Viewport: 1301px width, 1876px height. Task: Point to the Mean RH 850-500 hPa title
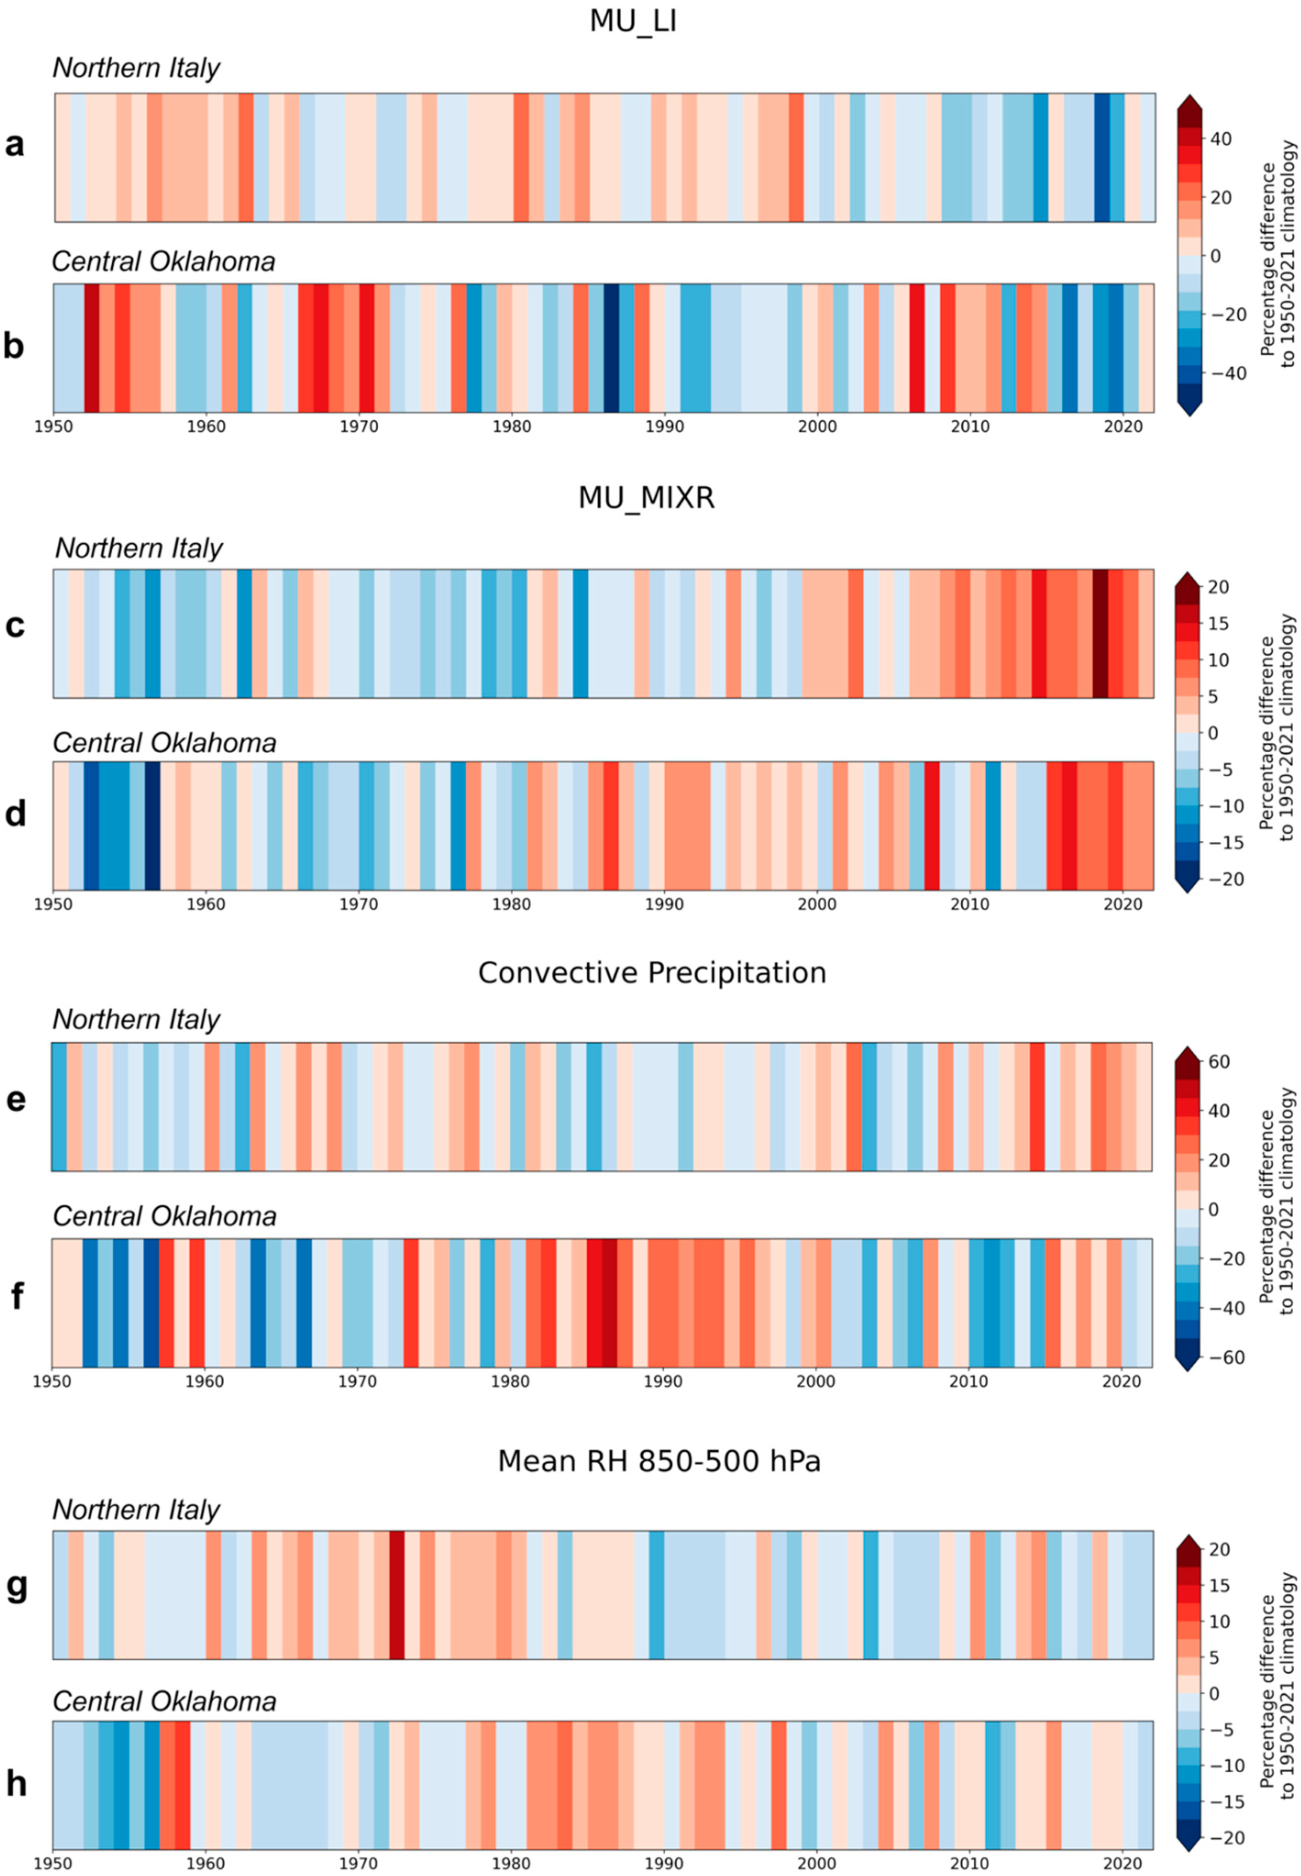click(659, 1461)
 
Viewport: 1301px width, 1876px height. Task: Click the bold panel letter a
click(15, 145)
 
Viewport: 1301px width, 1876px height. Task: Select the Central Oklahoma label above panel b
click(163, 262)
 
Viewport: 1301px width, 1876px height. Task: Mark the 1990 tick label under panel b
click(664, 426)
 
